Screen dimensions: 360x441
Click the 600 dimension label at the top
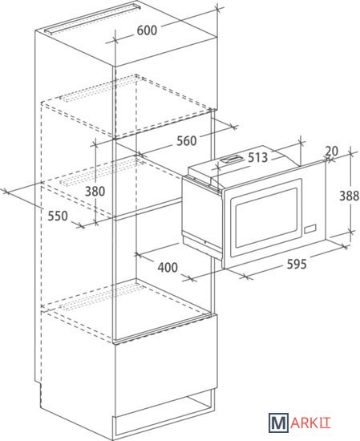[x=147, y=30]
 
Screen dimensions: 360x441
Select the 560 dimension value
[x=187, y=140]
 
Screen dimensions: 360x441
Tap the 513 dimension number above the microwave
[x=257, y=157]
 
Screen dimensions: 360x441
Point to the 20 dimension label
[x=332, y=152]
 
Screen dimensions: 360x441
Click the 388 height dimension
[x=350, y=196]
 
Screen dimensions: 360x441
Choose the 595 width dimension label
[x=297, y=264]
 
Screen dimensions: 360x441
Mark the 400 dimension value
[x=168, y=267]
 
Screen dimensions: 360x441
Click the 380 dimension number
[x=95, y=192]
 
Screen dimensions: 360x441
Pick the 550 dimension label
[x=58, y=216]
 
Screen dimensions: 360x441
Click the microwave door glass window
[x=266, y=218]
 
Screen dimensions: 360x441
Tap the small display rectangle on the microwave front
[x=309, y=229]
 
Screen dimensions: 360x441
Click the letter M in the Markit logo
[x=278, y=423]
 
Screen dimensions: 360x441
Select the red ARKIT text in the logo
[x=310, y=423]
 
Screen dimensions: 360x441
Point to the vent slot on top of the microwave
[x=231, y=160]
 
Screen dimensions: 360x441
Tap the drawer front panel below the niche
[x=166, y=365]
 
